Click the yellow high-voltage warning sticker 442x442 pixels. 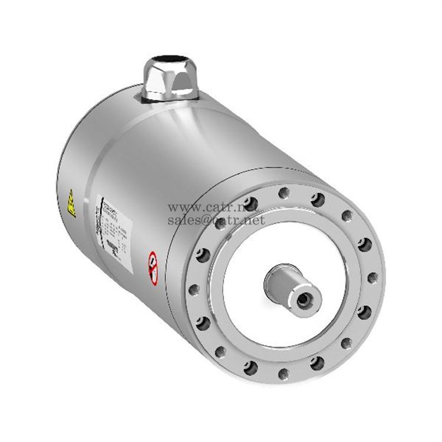coord(71,203)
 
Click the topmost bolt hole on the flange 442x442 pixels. coord(284,192)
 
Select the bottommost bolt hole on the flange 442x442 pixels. coord(283,372)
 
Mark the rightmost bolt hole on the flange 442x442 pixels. coord(372,277)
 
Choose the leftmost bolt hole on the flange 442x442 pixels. coord(193,289)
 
